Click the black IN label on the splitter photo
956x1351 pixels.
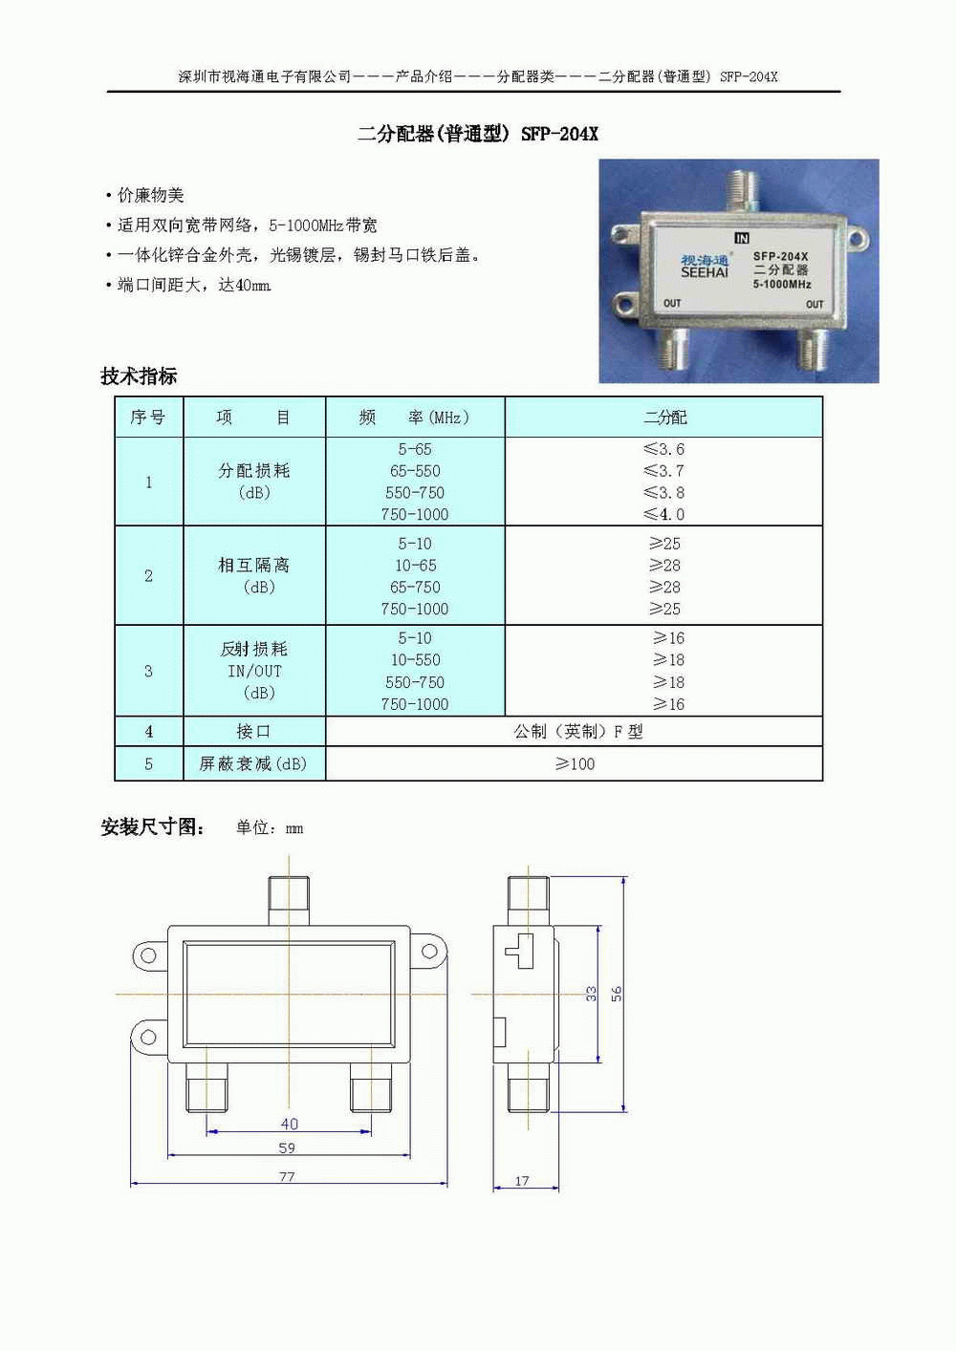click(x=742, y=238)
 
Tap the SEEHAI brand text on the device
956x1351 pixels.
click(x=705, y=272)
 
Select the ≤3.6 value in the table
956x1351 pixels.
click(x=663, y=449)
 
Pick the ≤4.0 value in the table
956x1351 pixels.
click(x=663, y=514)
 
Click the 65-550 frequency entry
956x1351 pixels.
click(x=415, y=471)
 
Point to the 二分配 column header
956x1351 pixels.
click(x=664, y=418)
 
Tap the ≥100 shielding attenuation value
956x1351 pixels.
click(x=576, y=764)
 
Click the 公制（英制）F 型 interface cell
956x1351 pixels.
click(x=578, y=732)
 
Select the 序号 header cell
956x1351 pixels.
click(x=148, y=417)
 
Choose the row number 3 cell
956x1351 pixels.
click(x=148, y=672)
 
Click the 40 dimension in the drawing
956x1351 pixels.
click(x=289, y=1124)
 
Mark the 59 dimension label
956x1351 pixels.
click(x=288, y=1147)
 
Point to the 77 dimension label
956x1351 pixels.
click(x=288, y=1177)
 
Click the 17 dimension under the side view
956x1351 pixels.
click(x=522, y=1181)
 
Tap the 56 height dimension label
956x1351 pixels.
click(x=617, y=994)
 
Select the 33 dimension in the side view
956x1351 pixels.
click(x=591, y=994)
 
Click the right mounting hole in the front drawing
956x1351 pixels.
click(x=429, y=952)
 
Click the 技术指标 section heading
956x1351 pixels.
click(x=139, y=375)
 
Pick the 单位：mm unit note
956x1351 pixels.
click(x=270, y=828)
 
